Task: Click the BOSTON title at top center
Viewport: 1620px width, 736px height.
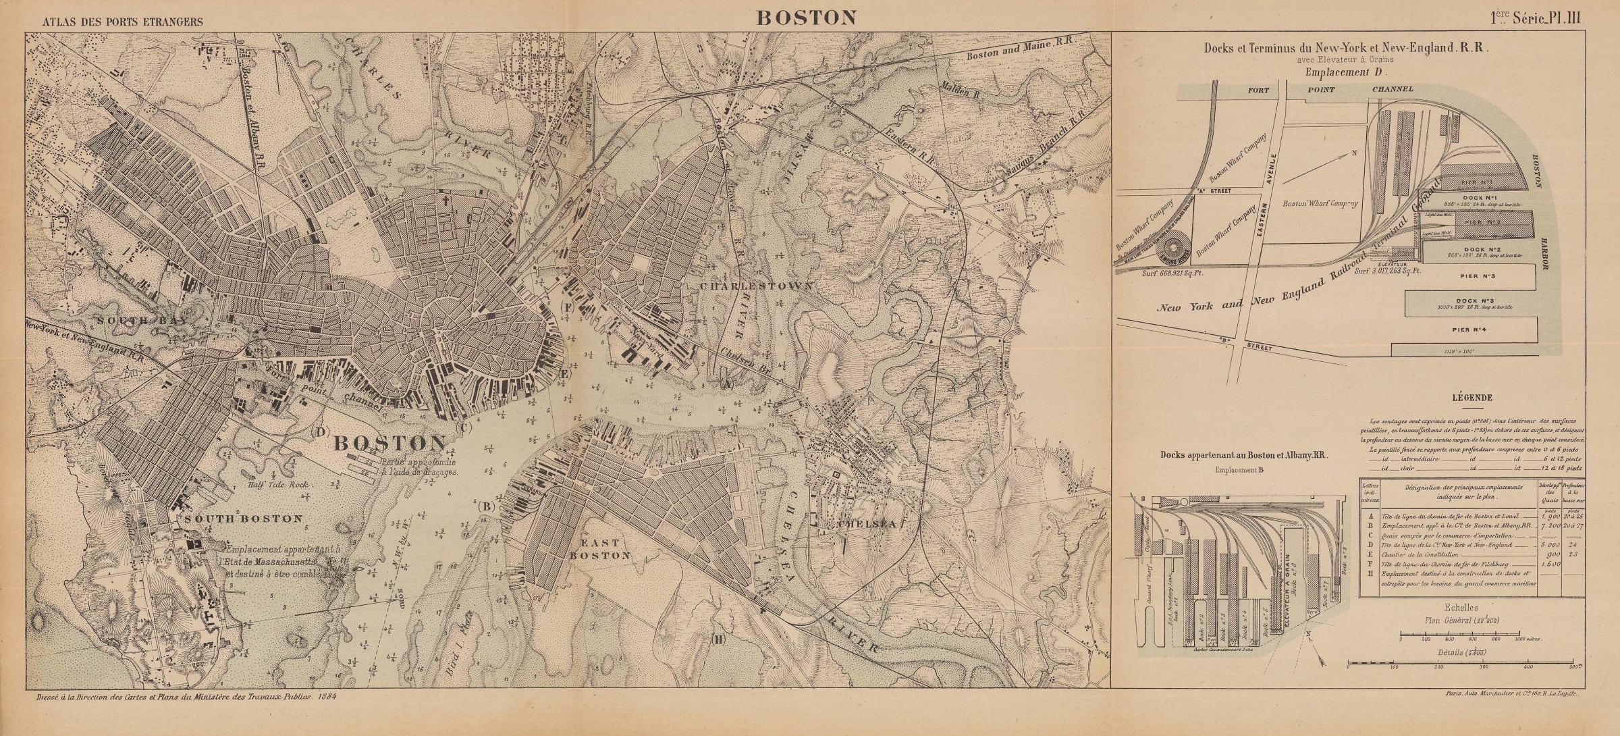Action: click(x=806, y=18)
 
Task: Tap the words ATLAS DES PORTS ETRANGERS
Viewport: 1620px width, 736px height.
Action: click(x=122, y=22)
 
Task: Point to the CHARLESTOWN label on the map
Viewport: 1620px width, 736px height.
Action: click(x=755, y=286)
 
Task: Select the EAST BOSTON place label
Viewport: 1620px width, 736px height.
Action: click(x=601, y=548)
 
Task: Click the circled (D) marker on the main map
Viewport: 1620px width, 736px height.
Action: click(x=321, y=432)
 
